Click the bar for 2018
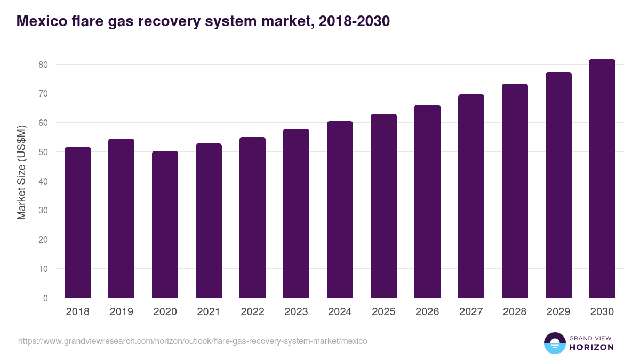tap(78, 222)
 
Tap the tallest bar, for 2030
tap(602, 179)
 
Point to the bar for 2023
tap(296, 213)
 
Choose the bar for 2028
tap(515, 190)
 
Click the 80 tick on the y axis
tap(43, 65)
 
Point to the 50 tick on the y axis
tap(43, 152)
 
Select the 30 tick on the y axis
tap(43, 210)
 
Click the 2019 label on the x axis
tap(121, 312)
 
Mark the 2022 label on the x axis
tap(252, 312)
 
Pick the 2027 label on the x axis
tap(471, 312)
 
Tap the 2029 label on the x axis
tap(558, 312)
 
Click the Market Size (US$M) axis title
tap(21, 172)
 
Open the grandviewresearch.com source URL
tap(193, 341)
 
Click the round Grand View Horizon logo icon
tap(555, 343)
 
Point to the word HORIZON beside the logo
tap(591, 347)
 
